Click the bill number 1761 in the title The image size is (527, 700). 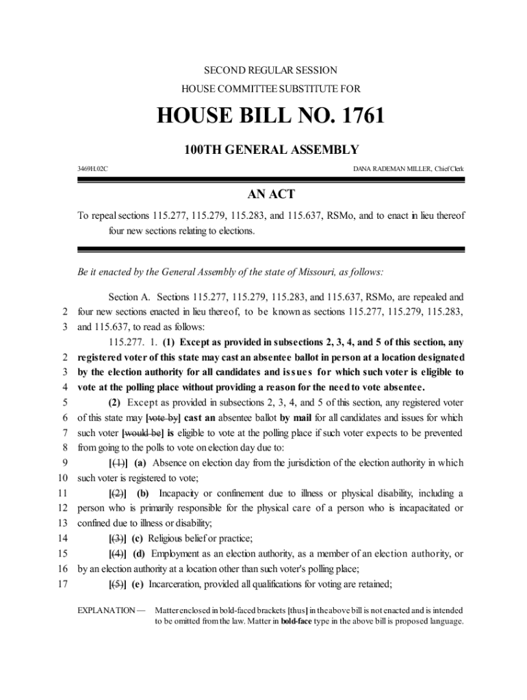pos(355,116)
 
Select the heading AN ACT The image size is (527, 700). pos(263,195)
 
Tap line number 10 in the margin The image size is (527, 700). pos(63,477)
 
